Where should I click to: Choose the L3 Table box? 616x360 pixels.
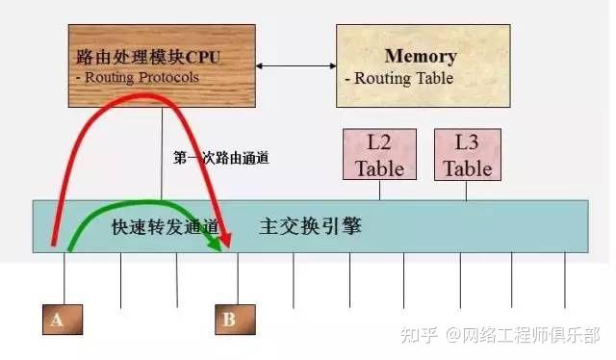[x=467, y=154]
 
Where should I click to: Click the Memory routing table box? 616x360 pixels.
[x=420, y=65]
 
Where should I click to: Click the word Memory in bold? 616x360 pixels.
[x=421, y=56]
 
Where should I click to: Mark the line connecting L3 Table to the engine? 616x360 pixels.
[x=467, y=191]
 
